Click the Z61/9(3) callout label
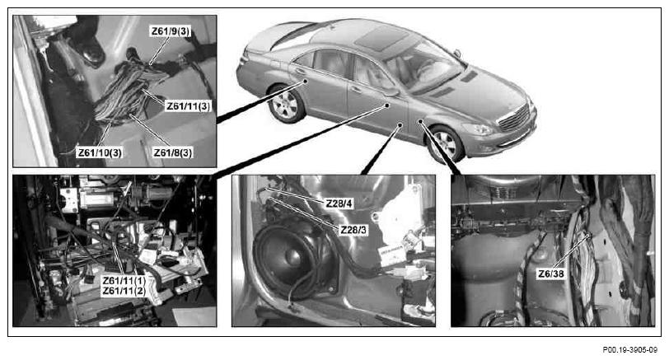click(x=171, y=31)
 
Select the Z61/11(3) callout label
click(x=188, y=105)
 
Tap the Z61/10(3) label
click(x=100, y=152)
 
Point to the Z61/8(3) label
click(x=173, y=152)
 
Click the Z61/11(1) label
click(x=124, y=281)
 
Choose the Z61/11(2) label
click(x=124, y=292)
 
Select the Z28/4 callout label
click(x=339, y=203)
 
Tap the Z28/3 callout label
click(x=353, y=230)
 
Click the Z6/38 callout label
click(x=551, y=274)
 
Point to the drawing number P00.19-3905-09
click(x=629, y=350)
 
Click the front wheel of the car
click(x=445, y=143)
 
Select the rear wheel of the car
click(x=286, y=104)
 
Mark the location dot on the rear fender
click(x=306, y=81)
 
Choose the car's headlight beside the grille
click(x=479, y=129)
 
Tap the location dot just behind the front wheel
click(x=420, y=122)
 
